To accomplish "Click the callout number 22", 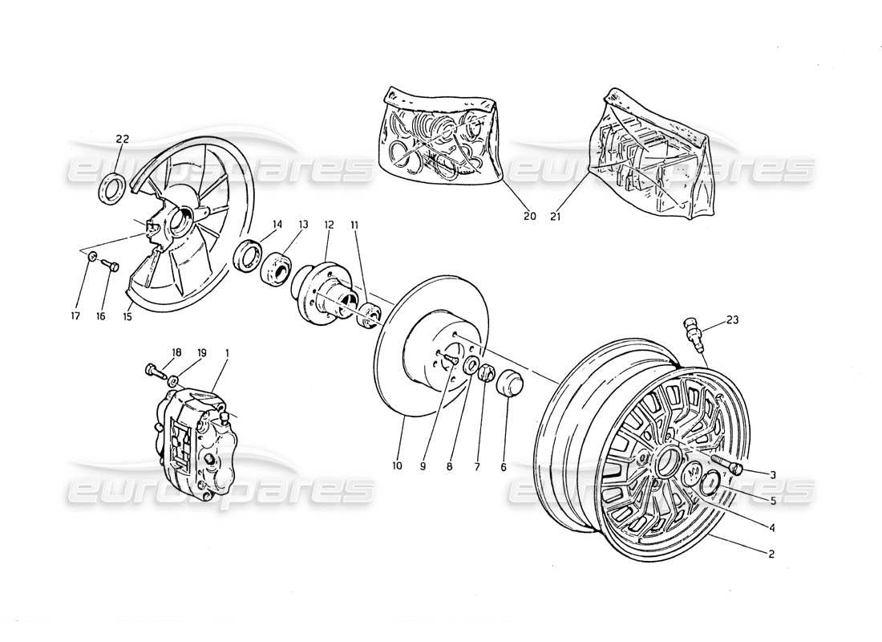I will click(122, 139).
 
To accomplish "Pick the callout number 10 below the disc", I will click(399, 465).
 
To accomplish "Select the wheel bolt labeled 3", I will click(731, 466).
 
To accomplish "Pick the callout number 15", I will click(129, 316).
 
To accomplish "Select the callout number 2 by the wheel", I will click(771, 554).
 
